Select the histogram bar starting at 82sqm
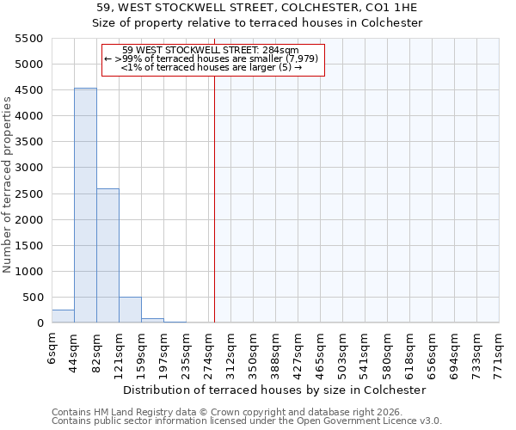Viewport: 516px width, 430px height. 107,255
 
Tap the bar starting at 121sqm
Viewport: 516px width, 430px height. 130,310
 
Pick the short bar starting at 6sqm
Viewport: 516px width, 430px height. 63,316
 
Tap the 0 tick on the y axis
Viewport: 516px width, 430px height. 40,323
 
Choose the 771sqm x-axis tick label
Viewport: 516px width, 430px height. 499,349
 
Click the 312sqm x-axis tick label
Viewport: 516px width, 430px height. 230,349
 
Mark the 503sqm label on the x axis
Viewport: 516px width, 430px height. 342,349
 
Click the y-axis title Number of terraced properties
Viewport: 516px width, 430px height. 8,185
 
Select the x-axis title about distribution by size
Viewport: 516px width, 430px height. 274,390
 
